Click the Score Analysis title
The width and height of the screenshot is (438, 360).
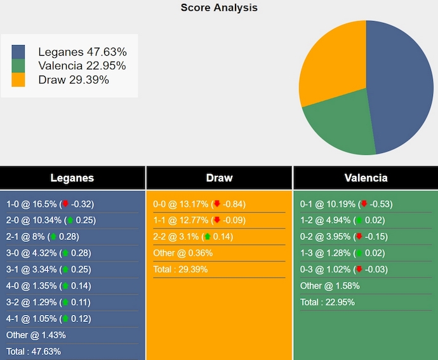(219, 8)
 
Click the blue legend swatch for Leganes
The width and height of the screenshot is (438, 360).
(18, 52)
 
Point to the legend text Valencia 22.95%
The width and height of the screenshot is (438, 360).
(82, 66)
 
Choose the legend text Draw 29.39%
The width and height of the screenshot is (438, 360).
(74, 80)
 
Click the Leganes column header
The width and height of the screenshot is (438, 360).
(72, 178)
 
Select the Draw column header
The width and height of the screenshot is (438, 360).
(219, 178)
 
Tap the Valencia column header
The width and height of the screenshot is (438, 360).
(366, 178)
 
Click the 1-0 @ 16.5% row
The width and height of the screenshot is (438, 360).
(50, 204)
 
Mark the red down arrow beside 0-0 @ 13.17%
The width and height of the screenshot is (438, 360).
(217, 204)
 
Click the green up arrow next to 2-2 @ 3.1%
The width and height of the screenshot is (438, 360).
(207, 237)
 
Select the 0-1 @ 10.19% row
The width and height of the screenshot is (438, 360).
(346, 204)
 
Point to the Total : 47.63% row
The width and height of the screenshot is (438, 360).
(33, 351)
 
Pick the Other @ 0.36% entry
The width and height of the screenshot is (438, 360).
(183, 253)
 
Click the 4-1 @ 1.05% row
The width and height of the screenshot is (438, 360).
(48, 319)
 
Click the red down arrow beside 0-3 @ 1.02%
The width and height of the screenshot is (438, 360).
(364, 270)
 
